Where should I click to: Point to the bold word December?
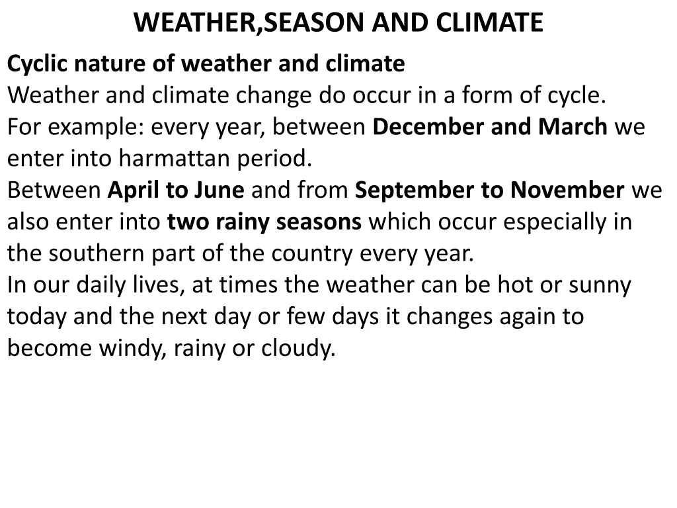(427, 127)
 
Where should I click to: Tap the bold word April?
(134, 190)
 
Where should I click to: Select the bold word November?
(567, 190)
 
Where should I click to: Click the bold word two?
(188, 222)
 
